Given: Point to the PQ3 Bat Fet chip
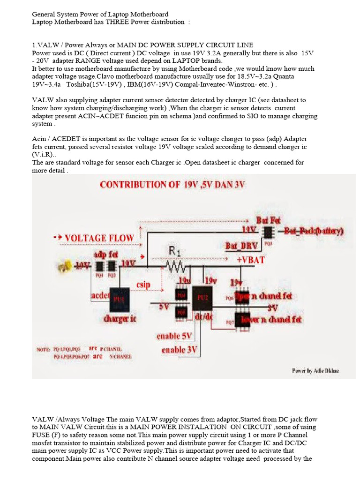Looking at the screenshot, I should pyautogui.click(x=268, y=232).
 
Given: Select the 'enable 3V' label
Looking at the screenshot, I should pyautogui.click(x=179, y=350).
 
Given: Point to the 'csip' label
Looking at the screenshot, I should pyautogui.click(x=143, y=284).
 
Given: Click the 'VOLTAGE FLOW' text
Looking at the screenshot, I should pyautogui.click(x=99, y=238).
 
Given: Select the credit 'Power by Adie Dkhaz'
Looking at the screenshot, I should pyautogui.click(x=315, y=371).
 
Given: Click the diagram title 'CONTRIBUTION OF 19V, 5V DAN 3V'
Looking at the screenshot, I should pyautogui.click(x=172, y=185).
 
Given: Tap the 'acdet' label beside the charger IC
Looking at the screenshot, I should pyautogui.click(x=100, y=296).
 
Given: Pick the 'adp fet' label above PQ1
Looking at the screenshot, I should pyautogui.click(x=106, y=255).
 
